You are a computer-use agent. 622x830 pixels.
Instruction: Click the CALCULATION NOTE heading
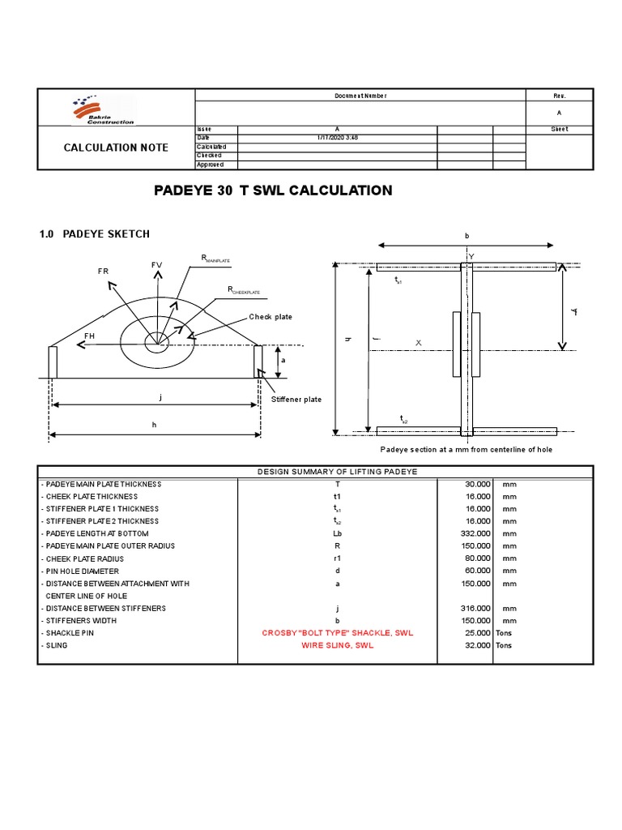(x=117, y=148)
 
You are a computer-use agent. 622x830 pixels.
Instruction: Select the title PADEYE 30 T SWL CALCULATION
(x=273, y=190)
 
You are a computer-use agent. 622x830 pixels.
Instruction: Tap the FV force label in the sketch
(x=156, y=266)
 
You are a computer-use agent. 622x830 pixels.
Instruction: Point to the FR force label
(x=103, y=271)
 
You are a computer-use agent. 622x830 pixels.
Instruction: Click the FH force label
(x=90, y=335)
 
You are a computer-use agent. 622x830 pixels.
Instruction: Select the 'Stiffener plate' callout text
(x=296, y=400)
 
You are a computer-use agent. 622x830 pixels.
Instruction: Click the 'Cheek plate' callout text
(x=271, y=317)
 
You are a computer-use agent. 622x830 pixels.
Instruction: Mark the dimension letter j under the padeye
(x=160, y=396)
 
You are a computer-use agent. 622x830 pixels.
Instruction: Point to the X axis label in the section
(x=419, y=343)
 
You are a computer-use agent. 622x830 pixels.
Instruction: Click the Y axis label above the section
(x=471, y=256)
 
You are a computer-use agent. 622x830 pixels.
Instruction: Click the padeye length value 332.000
(x=475, y=533)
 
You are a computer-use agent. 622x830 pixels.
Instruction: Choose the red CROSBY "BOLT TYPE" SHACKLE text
(x=338, y=633)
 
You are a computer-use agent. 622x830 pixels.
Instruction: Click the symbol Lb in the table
(x=338, y=533)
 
